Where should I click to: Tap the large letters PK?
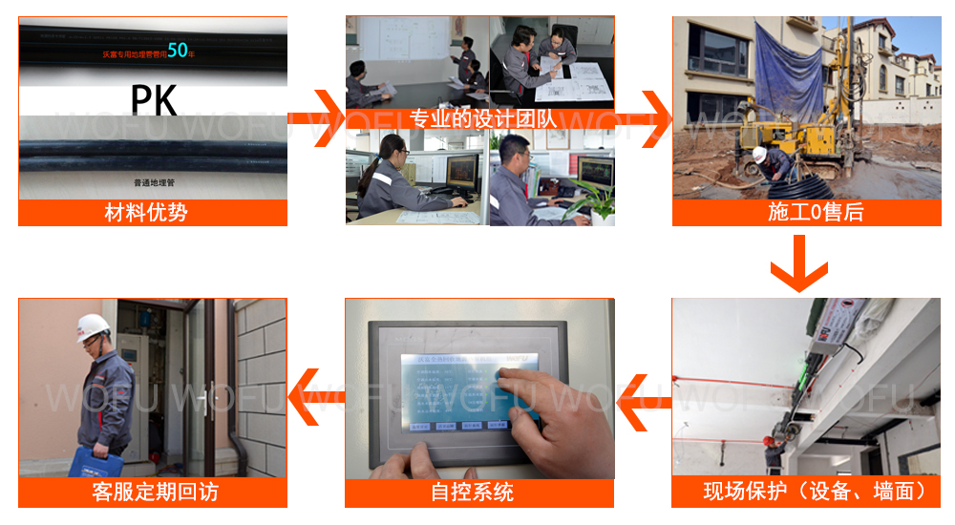(x=152, y=98)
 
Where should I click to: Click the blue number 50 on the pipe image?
(x=177, y=50)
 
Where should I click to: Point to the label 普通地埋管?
(x=154, y=180)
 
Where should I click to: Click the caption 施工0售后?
(x=815, y=213)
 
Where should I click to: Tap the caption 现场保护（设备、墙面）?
(x=815, y=493)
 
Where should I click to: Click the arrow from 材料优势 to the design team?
(x=316, y=118)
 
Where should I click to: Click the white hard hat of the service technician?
(x=93, y=325)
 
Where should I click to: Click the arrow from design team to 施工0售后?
(x=645, y=118)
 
